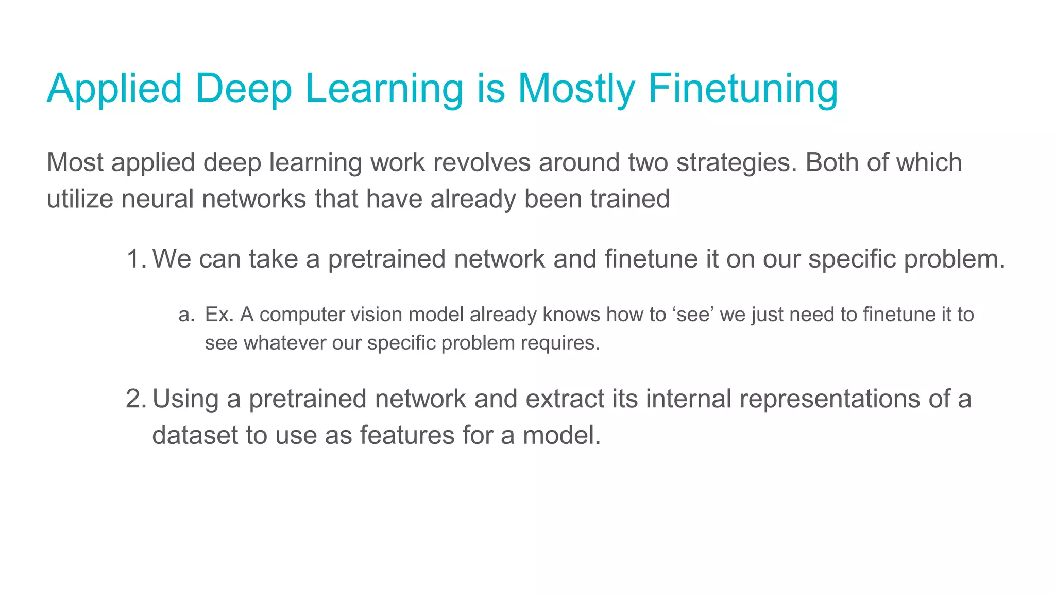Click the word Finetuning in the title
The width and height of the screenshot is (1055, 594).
743,89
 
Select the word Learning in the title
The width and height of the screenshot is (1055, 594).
384,89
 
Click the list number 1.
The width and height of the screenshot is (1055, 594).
135,259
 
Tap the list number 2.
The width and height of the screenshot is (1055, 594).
135,399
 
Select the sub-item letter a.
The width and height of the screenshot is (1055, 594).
185,315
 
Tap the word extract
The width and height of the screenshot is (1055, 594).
565,399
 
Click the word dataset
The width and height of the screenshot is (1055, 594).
194,435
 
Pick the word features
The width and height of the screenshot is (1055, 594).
406,435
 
